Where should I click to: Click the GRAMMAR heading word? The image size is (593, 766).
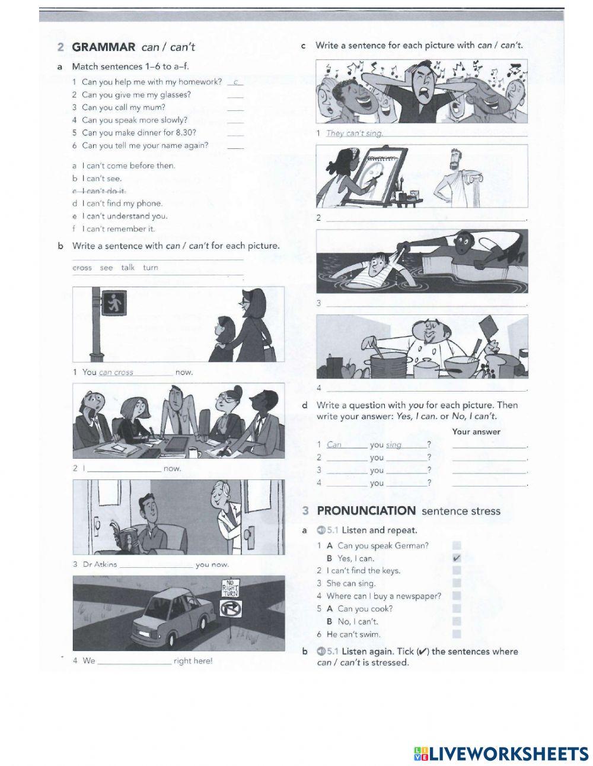tap(104, 47)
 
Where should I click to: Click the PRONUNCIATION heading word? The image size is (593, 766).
tap(366, 511)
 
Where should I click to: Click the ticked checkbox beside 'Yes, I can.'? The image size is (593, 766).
tap(456, 558)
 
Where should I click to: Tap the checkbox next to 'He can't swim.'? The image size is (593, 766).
tap(456, 634)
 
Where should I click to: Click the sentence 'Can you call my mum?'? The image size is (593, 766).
tap(123, 107)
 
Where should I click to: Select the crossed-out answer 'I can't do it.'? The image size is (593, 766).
tap(103, 191)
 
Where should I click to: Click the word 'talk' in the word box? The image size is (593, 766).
tap(127, 268)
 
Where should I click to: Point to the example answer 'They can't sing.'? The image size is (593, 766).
tap(354, 134)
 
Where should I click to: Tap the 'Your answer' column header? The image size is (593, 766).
tap(476, 432)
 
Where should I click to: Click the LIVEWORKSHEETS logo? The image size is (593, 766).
tap(500, 754)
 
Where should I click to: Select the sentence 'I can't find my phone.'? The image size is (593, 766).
tap(122, 204)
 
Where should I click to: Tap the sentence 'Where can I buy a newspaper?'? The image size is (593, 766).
tap(384, 596)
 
